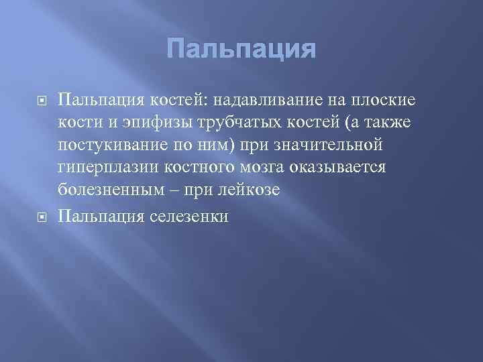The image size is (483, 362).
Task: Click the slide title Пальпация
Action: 241,50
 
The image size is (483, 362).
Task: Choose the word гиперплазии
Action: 103,168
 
